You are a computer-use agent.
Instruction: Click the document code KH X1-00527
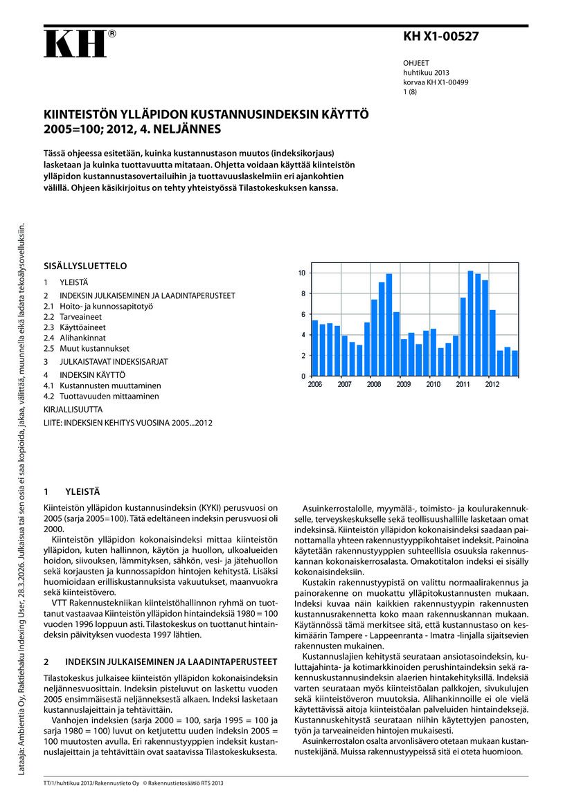coord(440,37)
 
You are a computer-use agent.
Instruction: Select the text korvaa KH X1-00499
coord(436,82)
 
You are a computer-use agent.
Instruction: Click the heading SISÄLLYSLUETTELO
coord(85,266)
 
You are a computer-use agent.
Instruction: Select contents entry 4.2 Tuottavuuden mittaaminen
coord(101,397)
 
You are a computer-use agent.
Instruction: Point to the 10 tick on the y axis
coord(301,273)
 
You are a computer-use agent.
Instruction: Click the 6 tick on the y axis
coord(303,315)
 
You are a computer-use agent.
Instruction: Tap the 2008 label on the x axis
coord(374,384)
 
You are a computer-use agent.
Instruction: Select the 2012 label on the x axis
coord(492,384)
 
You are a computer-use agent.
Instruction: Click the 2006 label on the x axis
coord(315,384)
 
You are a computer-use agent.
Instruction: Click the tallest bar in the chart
coord(470,323)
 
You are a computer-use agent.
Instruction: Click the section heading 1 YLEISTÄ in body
coord(72,492)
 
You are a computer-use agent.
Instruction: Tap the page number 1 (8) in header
coord(410,91)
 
